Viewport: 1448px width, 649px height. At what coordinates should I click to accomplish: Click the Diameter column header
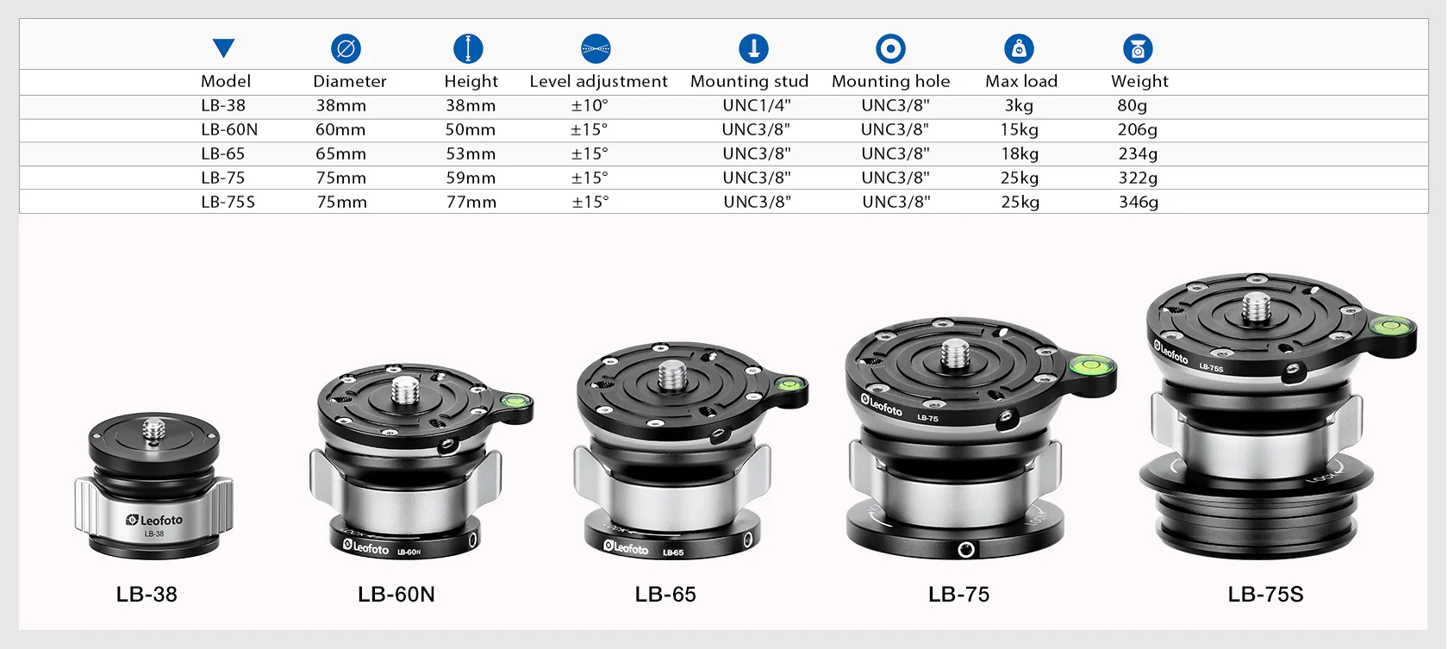click(349, 81)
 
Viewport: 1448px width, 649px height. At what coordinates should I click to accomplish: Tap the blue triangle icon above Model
click(224, 48)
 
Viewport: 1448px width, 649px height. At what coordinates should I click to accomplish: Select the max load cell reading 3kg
click(1019, 105)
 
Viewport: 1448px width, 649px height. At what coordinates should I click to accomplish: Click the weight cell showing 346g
click(1139, 202)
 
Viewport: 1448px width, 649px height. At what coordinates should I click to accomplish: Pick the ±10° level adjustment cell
click(590, 105)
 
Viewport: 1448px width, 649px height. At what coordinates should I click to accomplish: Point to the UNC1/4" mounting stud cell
click(756, 105)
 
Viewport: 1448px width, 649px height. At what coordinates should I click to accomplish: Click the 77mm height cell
click(471, 202)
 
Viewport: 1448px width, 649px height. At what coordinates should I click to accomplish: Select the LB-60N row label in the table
click(229, 129)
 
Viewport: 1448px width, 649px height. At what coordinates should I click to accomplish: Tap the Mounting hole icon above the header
click(890, 48)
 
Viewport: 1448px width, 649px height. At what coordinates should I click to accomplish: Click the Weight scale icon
click(1138, 49)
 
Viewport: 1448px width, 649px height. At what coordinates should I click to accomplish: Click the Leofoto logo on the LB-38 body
click(155, 520)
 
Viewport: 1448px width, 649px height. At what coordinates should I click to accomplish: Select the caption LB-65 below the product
click(665, 594)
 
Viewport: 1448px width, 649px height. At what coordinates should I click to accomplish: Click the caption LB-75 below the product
click(958, 594)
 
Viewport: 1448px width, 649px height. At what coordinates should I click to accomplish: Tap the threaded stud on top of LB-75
click(954, 353)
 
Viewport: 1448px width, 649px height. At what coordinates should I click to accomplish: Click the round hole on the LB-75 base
click(966, 549)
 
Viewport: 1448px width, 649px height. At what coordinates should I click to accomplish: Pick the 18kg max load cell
click(1020, 153)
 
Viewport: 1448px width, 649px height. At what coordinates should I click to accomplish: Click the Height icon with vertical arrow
click(468, 48)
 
